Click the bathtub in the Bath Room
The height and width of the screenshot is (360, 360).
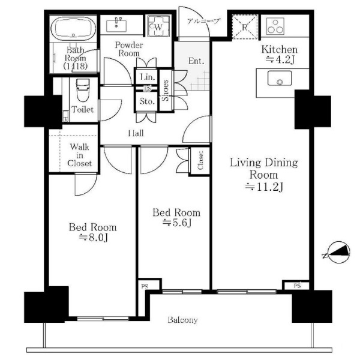[x=73, y=28]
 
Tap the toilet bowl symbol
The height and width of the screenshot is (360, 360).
[x=82, y=90]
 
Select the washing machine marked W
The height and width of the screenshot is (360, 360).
[x=158, y=26]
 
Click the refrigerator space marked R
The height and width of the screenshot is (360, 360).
[x=245, y=27]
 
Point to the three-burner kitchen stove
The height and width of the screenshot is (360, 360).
[x=275, y=26]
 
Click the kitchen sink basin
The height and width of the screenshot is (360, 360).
[x=280, y=78]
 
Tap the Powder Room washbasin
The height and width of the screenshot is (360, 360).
[x=116, y=25]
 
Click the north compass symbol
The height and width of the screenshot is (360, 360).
[x=338, y=252]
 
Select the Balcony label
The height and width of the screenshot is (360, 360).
[x=182, y=320]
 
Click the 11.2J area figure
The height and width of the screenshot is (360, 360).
[x=264, y=187]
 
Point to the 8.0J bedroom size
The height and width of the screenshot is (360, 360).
[x=93, y=238]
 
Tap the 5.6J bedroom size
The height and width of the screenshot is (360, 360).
[x=177, y=223]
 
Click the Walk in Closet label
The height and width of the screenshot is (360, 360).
[x=79, y=155]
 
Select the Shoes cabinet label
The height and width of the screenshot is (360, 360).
[x=166, y=90]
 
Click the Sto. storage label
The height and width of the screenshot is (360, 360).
[x=147, y=101]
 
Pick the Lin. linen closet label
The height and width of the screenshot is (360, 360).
[x=148, y=77]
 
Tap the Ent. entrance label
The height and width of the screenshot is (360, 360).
[x=196, y=61]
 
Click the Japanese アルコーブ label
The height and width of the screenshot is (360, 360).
[x=203, y=21]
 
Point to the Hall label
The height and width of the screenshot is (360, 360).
[x=136, y=133]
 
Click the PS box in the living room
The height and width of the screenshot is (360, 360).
[x=297, y=286]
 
